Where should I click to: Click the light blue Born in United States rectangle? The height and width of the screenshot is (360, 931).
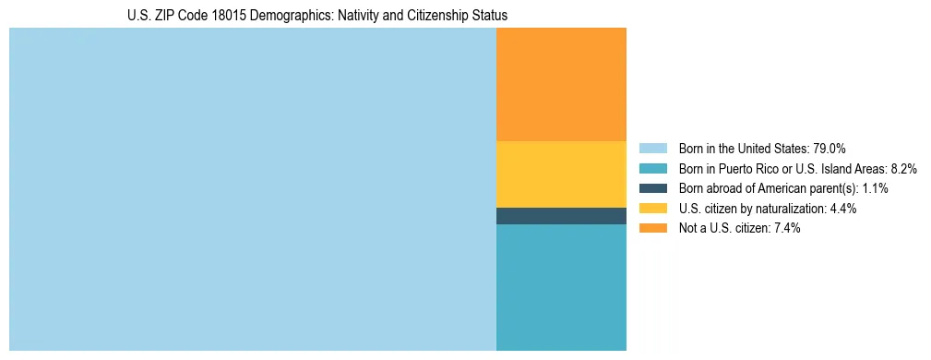(252, 189)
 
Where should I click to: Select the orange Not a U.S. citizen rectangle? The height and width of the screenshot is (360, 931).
(561, 84)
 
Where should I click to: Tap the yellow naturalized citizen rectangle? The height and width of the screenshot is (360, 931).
(561, 174)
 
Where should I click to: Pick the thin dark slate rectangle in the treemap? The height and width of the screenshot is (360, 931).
(561, 216)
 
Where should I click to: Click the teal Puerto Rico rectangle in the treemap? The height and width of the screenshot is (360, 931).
(561, 287)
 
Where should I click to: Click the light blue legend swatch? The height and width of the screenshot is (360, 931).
(652, 149)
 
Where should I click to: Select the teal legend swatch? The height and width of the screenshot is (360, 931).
(652, 169)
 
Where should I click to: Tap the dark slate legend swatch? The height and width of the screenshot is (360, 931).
(652, 188)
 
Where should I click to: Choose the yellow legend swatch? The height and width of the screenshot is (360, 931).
(652, 209)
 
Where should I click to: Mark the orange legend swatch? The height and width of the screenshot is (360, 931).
(652, 229)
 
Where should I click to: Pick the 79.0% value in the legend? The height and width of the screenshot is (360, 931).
(830, 149)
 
